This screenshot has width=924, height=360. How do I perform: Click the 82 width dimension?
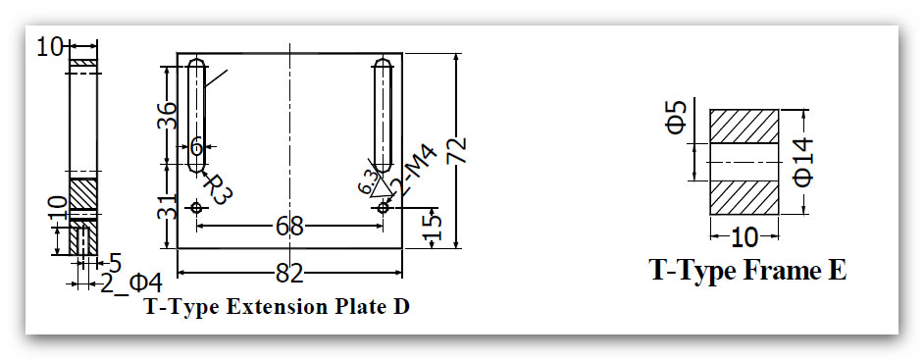coord(289,273)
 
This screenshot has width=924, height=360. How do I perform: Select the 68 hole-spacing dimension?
coord(289,226)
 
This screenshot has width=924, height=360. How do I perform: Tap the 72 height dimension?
coord(457,150)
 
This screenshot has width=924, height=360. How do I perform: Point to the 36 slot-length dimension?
coord(167,116)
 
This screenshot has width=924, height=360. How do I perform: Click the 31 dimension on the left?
coord(167,206)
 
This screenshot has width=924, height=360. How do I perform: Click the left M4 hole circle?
coord(196,207)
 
